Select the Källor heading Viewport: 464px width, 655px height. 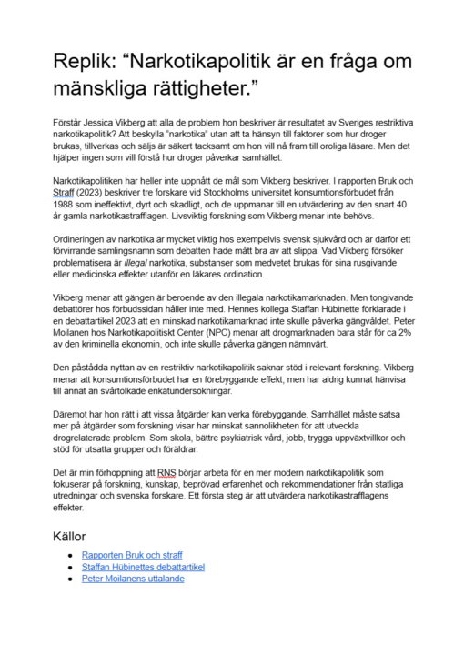73,536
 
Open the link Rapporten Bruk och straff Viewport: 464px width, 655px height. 131,554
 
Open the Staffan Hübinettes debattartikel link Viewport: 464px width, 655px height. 143,566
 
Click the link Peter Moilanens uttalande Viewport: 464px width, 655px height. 133,578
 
